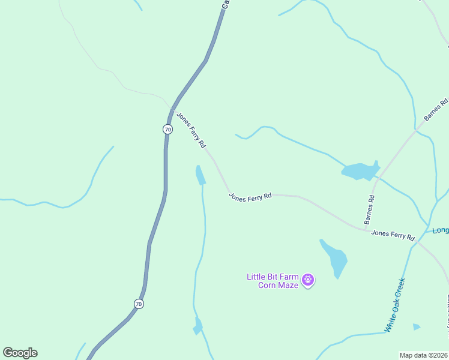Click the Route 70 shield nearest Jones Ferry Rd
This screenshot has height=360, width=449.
tap(167, 129)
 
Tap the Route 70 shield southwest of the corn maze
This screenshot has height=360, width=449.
tap(139, 304)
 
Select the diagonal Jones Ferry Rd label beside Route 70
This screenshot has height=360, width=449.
tap(191, 130)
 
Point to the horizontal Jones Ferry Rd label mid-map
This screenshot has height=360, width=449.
tap(250, 196)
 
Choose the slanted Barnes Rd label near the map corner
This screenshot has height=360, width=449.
tap(436, 110)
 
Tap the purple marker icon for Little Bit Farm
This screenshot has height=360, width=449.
tap(309, 280)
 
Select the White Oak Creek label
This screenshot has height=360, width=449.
tap(395, 305)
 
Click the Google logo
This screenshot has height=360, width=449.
tap(20, 353)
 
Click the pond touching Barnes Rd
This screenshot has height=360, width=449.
tap(360, 171)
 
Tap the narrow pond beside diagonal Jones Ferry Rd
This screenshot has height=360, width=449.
tap(200, 175)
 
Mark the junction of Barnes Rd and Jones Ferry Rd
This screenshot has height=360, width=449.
tap(366, 229)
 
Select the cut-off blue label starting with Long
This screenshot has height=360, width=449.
tap(440, 230)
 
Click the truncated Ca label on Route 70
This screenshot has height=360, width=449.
tap(225, 4)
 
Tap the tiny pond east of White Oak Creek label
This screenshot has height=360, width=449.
tap(417, 327)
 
